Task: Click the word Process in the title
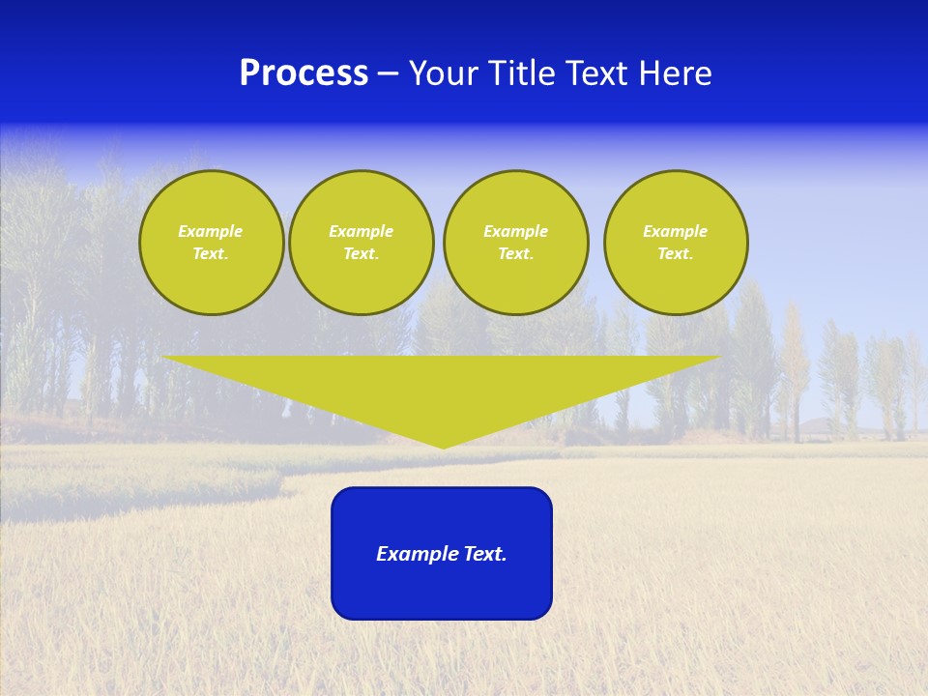click(304, 73)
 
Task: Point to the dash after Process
click(388, 74)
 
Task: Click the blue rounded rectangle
click(442, 590)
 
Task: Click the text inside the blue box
click(442, 554)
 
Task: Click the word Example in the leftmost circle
click(211, 231)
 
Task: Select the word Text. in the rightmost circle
click(676, 253)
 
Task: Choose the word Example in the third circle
click(516, 231)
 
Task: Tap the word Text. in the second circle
click(362, 253)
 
